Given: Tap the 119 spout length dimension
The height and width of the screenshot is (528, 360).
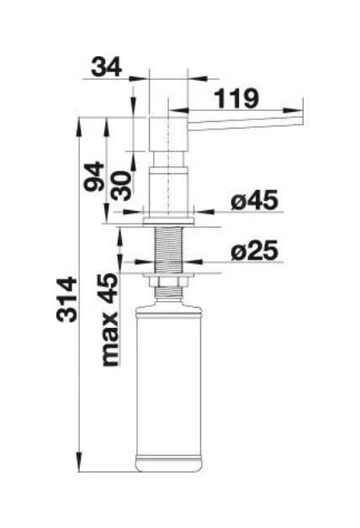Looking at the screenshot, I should coord(236,98).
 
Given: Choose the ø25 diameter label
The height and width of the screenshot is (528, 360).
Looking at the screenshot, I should coord(253,251).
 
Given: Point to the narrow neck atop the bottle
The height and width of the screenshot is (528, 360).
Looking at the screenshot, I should coord(169,296).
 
